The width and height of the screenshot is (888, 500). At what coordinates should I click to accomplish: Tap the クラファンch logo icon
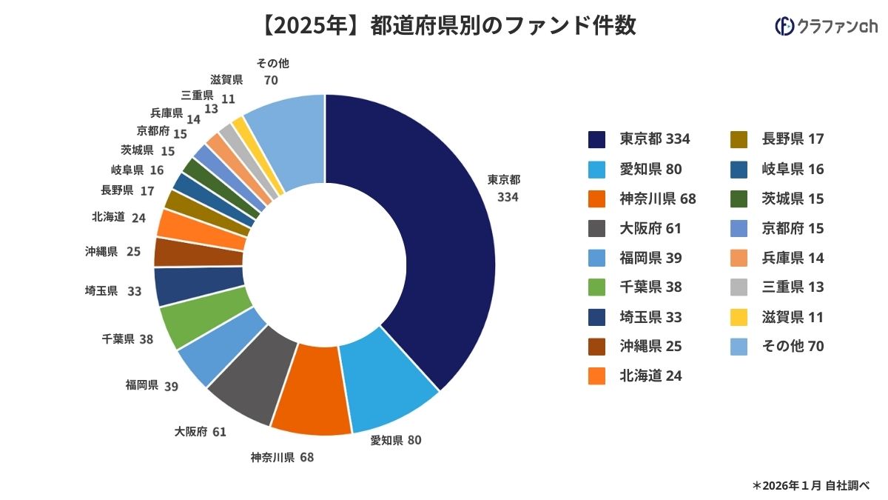[784, 27]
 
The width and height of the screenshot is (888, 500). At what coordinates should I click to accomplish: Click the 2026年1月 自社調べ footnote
[810, 485]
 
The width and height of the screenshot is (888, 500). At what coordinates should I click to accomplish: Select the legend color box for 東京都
[597, 139]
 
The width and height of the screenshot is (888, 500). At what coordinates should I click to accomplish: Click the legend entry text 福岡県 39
[650, 258]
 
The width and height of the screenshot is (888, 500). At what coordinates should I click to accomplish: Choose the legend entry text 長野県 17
[793, 139]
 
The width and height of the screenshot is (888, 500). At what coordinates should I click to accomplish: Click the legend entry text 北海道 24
[650, 376]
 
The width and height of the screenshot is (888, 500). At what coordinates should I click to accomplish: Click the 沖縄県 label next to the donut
[102, 252]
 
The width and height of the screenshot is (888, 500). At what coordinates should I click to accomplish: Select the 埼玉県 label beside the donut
[102, 291]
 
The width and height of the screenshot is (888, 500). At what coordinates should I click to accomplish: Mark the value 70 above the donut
[270, 80]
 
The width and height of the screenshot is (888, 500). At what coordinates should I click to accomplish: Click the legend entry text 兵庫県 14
[793, 258]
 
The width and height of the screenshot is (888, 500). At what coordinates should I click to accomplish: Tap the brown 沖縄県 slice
[198, 252]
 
